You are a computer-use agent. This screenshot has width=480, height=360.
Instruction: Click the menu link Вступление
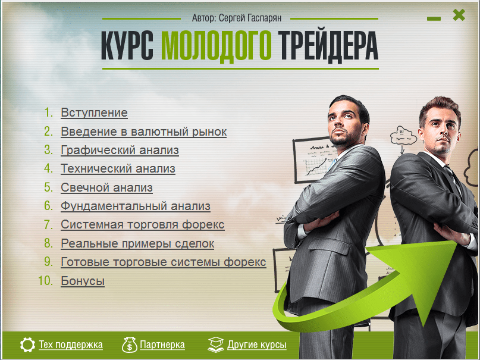click(x=94, y=112)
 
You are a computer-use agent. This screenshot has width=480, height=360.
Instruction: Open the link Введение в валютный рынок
click(x=143, y=132)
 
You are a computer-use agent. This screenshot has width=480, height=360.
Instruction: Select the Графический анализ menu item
click(x=120, y=151)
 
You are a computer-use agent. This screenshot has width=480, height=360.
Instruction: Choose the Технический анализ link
click(x=118, y=168)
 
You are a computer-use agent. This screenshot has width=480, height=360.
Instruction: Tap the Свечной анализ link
click(x=106, y=187)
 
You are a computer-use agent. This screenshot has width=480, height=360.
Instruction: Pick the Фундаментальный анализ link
click(x=135, y=206)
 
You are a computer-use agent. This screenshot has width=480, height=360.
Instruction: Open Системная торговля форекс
click(x=142, y=224)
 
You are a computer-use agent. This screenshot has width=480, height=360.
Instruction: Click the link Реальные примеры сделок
click(x=137, y=243)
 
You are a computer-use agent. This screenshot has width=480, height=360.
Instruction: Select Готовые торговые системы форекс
click(x=163, y=262)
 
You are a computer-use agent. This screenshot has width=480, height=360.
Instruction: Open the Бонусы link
click(x=83, y=281)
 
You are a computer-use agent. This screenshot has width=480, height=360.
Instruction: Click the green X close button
click(x=459, y=15)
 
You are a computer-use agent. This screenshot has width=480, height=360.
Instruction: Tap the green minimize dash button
click(x=434, y=19)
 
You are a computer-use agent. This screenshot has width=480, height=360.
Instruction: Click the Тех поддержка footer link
click(x=70, y=345)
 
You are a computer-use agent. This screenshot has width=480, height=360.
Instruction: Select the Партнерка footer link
click(x=162, y=345)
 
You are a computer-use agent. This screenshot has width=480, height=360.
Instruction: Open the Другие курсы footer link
click(x=257, y=345)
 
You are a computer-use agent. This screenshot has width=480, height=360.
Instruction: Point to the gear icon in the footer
click(x=27, y=345)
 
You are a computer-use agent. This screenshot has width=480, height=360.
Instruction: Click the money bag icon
click(x=130, y=345)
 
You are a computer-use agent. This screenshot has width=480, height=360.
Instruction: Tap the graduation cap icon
click(x=216, y=345)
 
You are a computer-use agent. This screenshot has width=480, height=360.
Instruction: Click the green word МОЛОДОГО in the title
click(x=216, y=45)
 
